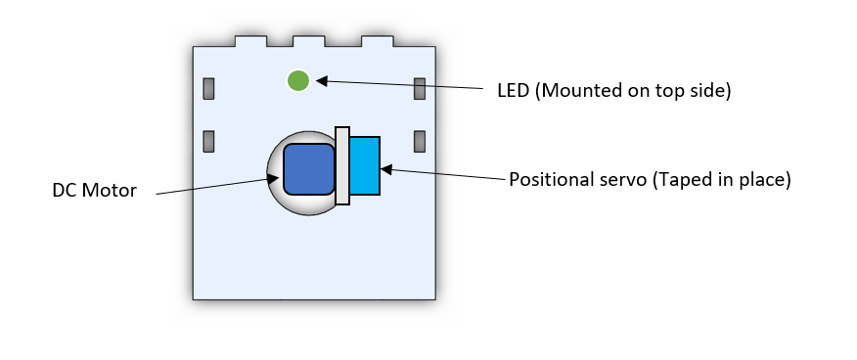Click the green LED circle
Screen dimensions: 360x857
(298, 80)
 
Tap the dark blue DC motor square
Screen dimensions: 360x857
(309, 168)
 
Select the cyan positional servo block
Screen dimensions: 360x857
(365, 166)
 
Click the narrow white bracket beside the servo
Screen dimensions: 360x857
(342, 166)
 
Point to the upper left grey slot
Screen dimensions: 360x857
(208, 89)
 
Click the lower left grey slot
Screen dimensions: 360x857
(208, 141)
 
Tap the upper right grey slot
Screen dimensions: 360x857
(420, 89)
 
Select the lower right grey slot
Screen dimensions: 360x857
(420, 141)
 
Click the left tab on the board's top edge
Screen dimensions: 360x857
(249, 42)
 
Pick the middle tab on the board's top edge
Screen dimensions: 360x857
(310, 42)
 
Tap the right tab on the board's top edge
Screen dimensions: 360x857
(377, 42)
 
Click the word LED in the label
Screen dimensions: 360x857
(513, 91)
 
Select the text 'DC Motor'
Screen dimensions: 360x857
(95, 190)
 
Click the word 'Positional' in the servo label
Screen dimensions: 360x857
(550, 181)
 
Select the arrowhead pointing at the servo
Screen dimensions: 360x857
(385, 169)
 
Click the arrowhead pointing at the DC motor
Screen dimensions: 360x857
(274, 177)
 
